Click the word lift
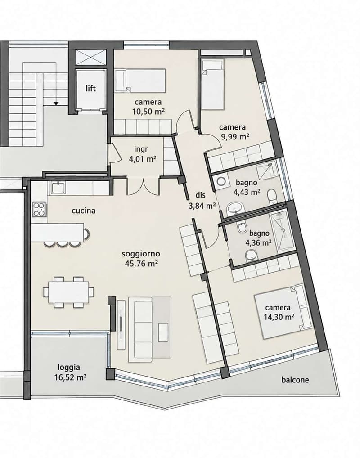90,88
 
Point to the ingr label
141,149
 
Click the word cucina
84,211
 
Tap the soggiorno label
141,254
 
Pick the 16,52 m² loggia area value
70,377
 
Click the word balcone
295,380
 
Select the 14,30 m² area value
279,317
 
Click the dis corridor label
201,195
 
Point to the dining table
69,292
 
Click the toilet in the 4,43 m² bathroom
272,197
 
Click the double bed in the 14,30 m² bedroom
279,311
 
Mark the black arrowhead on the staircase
56,103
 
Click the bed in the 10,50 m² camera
140,81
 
